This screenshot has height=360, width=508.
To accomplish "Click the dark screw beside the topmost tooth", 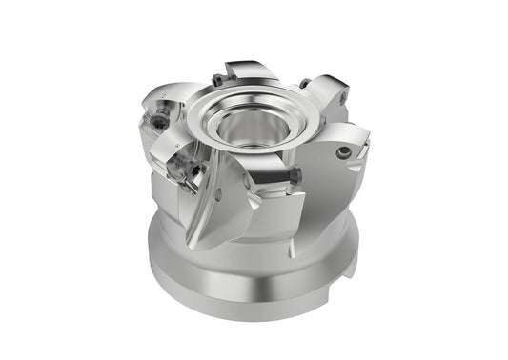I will pyautogui.click(x=218, y=81).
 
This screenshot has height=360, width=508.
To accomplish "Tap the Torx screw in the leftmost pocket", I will pyautogui.click(x=157, y=123).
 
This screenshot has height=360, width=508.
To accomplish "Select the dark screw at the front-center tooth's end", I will pyautogui.click(x=295, y=175).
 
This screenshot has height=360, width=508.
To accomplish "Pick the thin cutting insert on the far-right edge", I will pyautogui.click(x=364, y=142).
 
